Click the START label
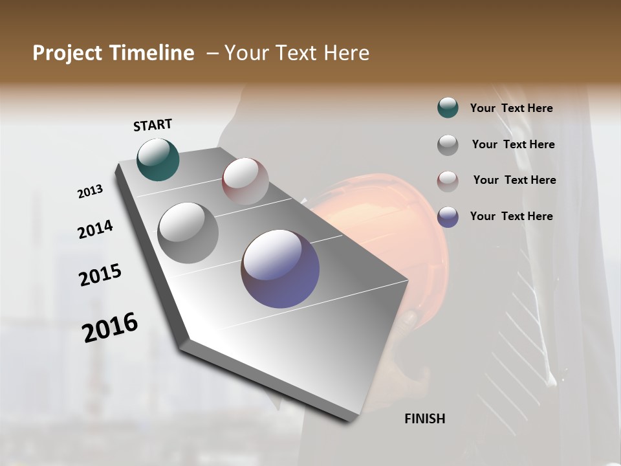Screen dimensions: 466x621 (153, 125)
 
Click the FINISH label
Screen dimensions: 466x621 (424, 419)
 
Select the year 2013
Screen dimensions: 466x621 (90, 192)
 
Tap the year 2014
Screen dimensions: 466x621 (95, 230)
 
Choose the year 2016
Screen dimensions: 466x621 (110, 327)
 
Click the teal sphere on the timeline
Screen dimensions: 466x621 (158, 159)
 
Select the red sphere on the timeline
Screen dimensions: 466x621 (245, 181)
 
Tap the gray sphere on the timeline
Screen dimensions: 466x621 (188, 232)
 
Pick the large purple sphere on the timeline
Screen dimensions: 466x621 (280, 268)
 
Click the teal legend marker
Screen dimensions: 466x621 (448, 108)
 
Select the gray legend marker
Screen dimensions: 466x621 (448, 144)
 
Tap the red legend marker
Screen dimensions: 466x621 (448, 181)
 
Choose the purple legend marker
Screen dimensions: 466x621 (448, 216)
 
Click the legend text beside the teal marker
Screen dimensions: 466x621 (511, 108)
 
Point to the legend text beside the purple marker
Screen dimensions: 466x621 (511, 216)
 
